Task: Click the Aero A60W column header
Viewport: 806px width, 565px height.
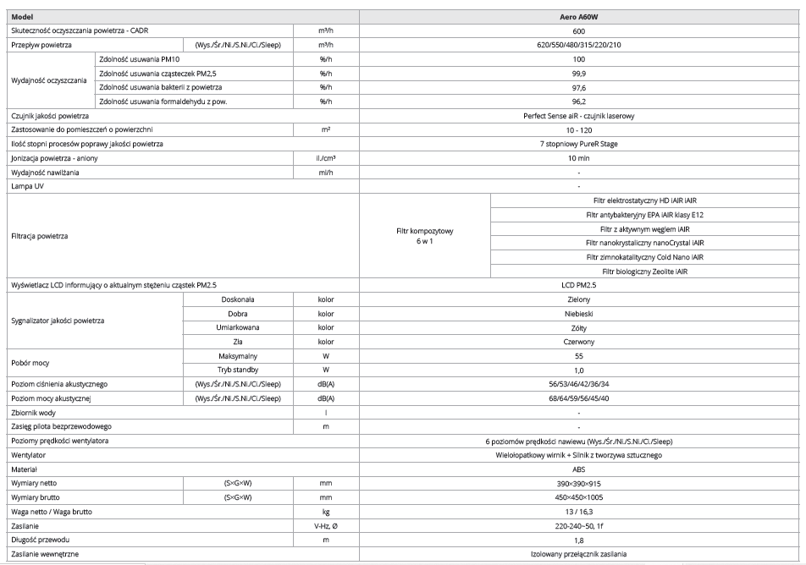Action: (579, 17)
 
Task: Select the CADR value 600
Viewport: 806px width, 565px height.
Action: (579, 30)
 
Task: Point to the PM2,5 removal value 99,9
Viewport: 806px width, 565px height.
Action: (579, 74)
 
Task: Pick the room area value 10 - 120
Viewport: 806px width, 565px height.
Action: (579, 129)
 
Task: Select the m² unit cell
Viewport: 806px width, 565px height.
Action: (326, 129)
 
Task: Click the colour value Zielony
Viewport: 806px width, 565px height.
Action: (579, 300)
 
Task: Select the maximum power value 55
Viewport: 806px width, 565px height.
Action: (579, 357)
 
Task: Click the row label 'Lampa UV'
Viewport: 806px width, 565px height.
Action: (25, 184)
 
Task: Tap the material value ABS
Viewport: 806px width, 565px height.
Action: (579, 467)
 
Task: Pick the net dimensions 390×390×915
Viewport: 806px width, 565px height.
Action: (579, 481)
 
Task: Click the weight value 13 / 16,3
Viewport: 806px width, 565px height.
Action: (579, 512)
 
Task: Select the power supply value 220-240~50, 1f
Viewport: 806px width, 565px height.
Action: (579, 526)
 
